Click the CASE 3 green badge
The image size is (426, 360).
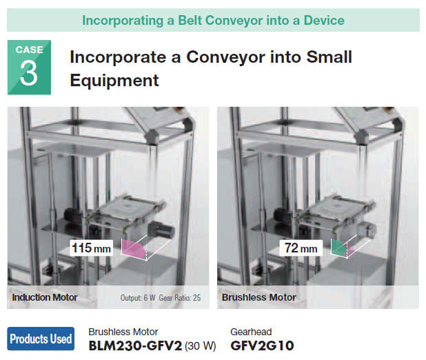click(x=29, y=68)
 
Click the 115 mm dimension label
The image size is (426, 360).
click(x=91, y=248)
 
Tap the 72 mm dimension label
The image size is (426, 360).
click(x=301, y=248)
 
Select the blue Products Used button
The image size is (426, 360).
click(x=41, y=339)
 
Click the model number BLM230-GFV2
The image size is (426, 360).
click(x=135, y=346)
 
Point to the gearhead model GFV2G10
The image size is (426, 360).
click(x=262, y=346)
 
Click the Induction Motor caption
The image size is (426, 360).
click(x=45, y=297)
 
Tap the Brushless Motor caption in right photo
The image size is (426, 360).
click(x=259, y=297)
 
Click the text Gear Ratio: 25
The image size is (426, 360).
click(x=180, y=298)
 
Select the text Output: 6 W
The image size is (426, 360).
click(x=138, y=298)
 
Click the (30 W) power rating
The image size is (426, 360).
click(x=201, y=346)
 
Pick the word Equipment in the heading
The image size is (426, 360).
click(x=114, y=81)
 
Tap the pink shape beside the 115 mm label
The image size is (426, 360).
click(x=134, y=248)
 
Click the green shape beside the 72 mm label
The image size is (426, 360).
click(x=338, y=247)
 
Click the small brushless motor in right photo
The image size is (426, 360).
click(x=366, y=230)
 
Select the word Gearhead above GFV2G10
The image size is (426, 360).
click(x=251, y=332)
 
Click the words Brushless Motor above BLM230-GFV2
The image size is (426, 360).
click(x=123, y=332)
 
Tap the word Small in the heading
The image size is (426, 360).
click(x=329, y=57)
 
